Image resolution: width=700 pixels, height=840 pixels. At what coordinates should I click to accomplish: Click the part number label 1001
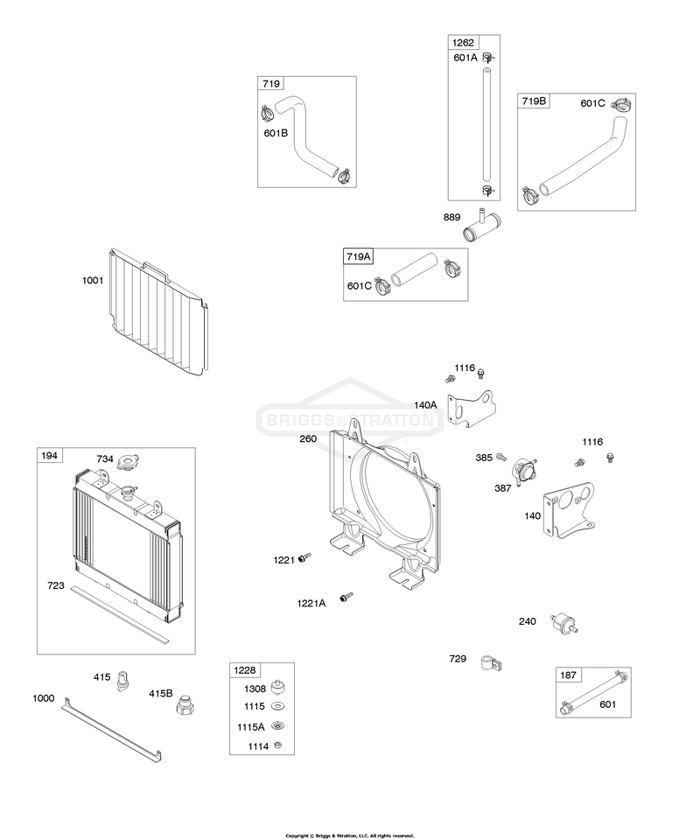pos(93,280)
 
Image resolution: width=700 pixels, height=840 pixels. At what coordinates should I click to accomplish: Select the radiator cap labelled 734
pos(128,461)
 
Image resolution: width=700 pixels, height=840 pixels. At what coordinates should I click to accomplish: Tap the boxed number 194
pos(49,455)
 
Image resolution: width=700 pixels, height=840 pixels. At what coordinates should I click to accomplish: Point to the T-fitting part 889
pos(481,225)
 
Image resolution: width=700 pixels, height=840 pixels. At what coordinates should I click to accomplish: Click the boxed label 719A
pos(358,256)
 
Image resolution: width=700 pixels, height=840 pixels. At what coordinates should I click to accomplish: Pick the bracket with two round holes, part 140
pos(570,510)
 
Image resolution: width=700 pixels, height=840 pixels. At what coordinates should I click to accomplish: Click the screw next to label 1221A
pos(346,598)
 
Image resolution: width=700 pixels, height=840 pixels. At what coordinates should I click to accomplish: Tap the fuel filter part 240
pos(564,624)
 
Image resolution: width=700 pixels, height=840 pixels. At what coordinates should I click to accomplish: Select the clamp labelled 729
pos(491,662)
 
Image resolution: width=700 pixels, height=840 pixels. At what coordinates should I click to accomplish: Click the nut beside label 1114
pos(277,745)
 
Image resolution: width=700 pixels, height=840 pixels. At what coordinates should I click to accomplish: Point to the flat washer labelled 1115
pos(278,706)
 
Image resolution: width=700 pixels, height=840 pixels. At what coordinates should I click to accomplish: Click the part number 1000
pos(44,698)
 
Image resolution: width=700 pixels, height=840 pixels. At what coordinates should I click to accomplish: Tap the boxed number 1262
pos(463,43)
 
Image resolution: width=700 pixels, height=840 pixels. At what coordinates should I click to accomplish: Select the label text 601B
pos(276,133)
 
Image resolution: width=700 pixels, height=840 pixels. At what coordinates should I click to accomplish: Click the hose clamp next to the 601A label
pos(488,58)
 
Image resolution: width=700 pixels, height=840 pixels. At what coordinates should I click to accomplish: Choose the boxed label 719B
pos(534,101)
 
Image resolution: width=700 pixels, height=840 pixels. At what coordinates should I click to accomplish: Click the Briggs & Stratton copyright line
pos(350,836)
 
